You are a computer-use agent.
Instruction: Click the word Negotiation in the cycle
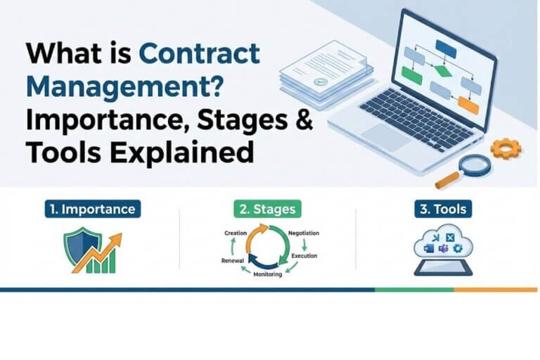pos(304,232)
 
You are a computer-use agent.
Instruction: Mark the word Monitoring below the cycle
pos(267,274)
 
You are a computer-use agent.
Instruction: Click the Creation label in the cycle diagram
pos(234,232)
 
